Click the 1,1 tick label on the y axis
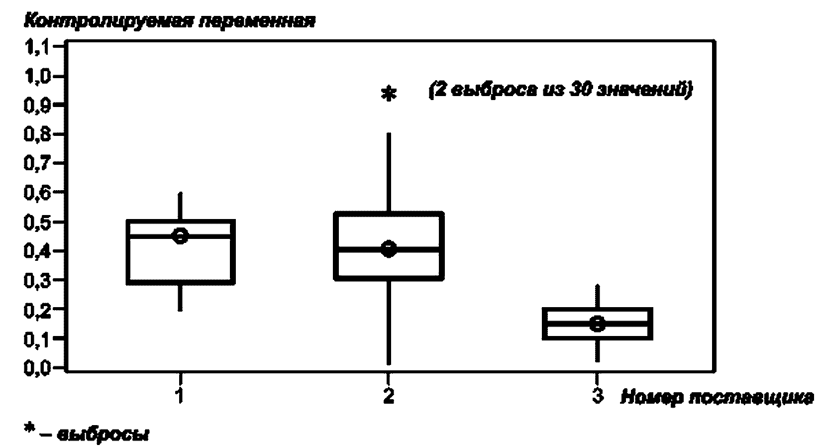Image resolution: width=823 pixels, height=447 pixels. point(36,47)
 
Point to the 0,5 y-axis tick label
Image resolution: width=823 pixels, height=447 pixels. point(36,222)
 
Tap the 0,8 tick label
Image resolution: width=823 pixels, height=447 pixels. point(36,134)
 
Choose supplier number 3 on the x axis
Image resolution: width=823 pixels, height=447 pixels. point(597,396)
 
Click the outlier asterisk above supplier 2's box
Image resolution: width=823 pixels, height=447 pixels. point(388,94)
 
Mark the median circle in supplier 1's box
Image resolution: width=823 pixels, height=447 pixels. point(180,235)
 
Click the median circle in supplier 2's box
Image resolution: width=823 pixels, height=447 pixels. point(388,248)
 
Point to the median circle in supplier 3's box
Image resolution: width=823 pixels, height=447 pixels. point(597,324)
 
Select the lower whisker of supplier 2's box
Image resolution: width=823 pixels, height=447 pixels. point(389,321)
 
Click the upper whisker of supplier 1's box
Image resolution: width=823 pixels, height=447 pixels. point(180,206)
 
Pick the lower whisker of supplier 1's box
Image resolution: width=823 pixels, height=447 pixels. point(180,297)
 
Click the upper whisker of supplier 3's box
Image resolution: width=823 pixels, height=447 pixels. point(597,297)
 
